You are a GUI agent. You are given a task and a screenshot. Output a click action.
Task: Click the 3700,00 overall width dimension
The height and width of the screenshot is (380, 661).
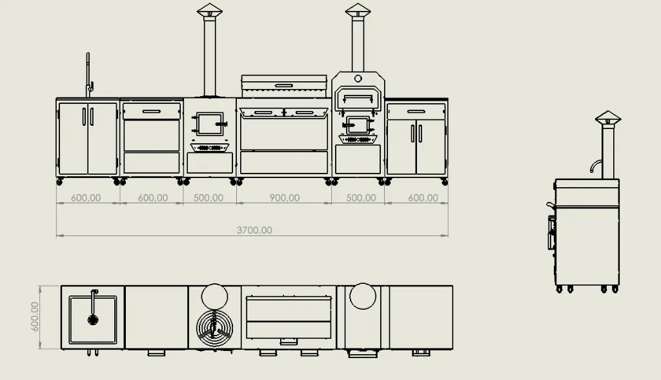tap(254, 230)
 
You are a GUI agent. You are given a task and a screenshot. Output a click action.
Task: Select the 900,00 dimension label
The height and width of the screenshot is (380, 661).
tap(285, 197)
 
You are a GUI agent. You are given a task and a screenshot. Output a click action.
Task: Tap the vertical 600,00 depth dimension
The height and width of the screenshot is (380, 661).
tap(35, 316)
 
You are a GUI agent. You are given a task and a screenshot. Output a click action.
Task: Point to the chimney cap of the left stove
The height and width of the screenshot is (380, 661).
tap(210, 10)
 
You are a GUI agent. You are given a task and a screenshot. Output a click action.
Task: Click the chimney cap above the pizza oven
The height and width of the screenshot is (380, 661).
tap(358, 10)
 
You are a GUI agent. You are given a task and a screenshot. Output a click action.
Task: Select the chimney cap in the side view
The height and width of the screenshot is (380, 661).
tap(608, 117)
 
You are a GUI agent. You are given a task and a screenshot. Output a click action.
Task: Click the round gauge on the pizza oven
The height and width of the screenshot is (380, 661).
tap(358, 78)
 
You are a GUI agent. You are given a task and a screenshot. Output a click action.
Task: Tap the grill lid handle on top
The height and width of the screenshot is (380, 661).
tap(284, 86)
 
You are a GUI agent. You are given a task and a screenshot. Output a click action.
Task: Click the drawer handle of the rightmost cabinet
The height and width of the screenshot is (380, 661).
tap(416, 112)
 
